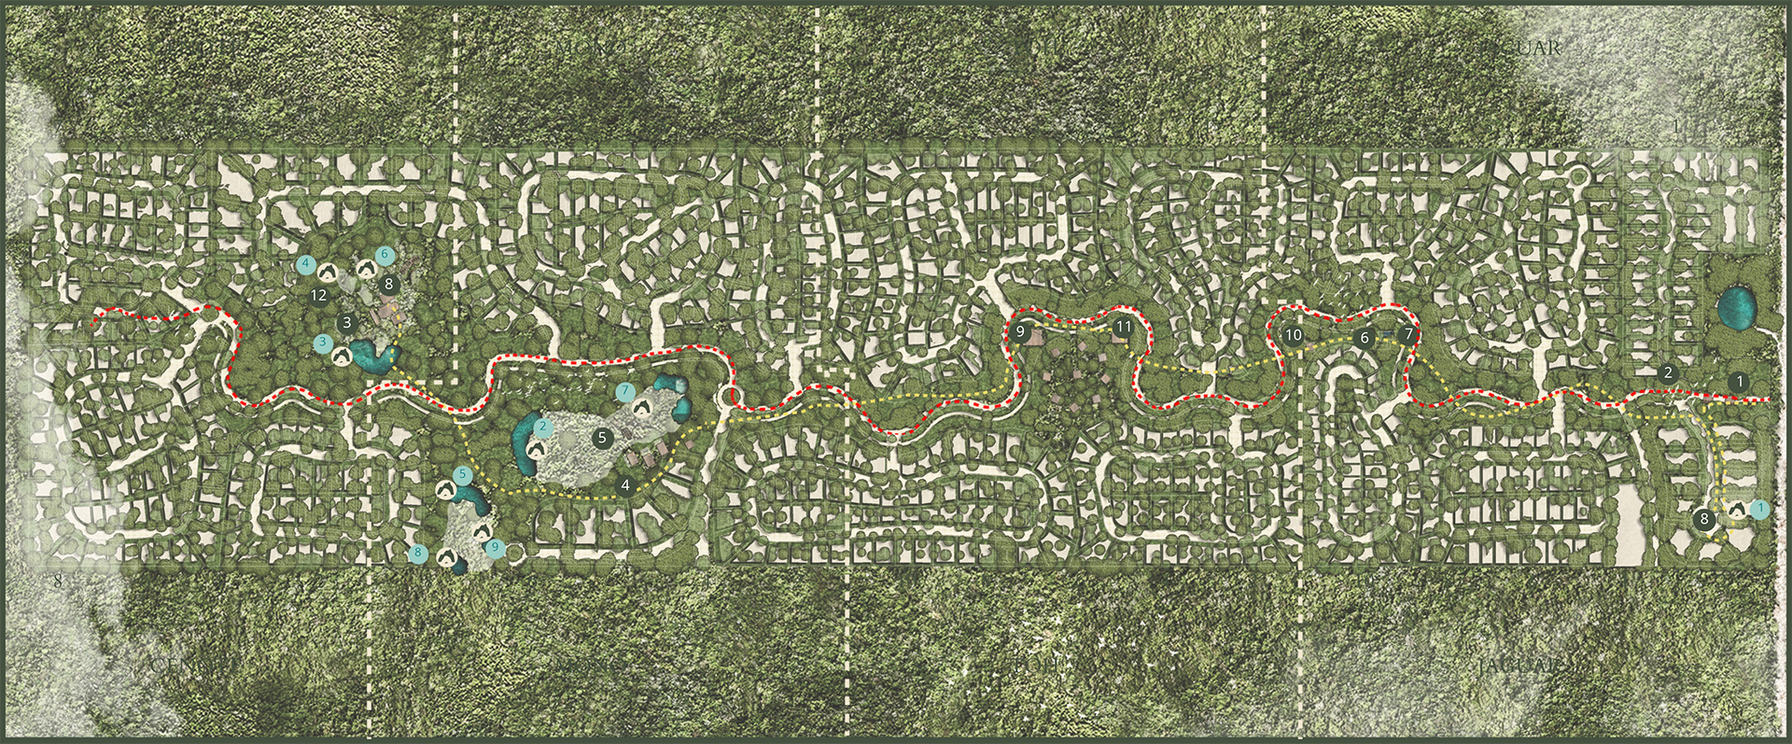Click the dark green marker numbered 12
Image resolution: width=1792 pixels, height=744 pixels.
tap(319, 296)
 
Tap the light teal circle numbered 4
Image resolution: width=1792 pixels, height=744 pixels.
tap(304, 264)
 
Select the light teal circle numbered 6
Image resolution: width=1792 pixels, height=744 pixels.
tap(383, 254)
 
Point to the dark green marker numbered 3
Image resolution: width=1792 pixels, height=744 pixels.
tap(347, 324)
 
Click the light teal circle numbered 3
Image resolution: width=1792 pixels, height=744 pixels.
tap(322, 344)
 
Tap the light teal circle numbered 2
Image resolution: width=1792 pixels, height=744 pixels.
tap(543, 427)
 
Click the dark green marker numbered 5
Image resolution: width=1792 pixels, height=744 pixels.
tap(602, 436)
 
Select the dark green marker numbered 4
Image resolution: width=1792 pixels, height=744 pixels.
tap(626, 485)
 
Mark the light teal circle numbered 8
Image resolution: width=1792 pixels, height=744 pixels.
tap(418, 554)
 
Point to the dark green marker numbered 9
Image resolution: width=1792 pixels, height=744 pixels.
tap(1020, 331)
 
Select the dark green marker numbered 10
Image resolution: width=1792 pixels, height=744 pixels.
tap(1293, 334)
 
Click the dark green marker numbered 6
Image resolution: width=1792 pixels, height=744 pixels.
tap(1365, 338)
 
